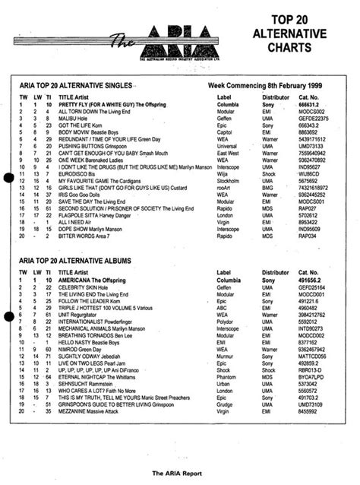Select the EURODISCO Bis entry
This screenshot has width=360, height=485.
click(81, 176)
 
